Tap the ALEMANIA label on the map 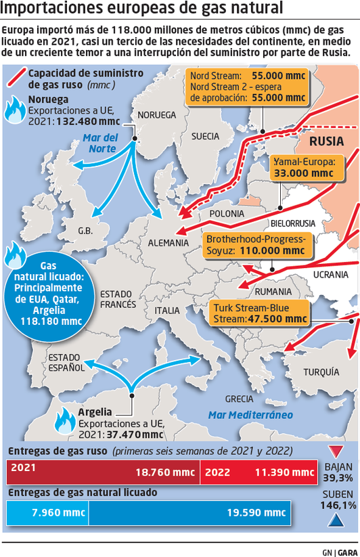(168, 242)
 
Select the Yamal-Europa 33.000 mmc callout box (303, 167)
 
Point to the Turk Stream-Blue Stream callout (260, 313)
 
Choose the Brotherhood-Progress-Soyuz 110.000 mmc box (255, 245)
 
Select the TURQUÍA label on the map (321, 372)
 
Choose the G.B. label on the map (85, 230)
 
